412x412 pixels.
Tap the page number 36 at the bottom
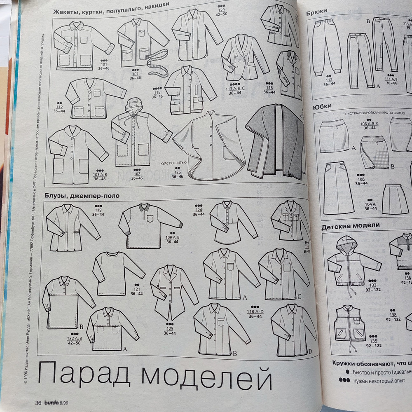[x=38, y=403]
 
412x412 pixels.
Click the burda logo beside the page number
[x=51, y=403]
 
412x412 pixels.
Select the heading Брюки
[x=317, y=12]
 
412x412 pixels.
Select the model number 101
[x=104, y=64]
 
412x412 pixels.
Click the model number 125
[x=170, y=328]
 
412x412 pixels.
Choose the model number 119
[x=98, y=210]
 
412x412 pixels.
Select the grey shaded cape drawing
[x=274, y=140]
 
